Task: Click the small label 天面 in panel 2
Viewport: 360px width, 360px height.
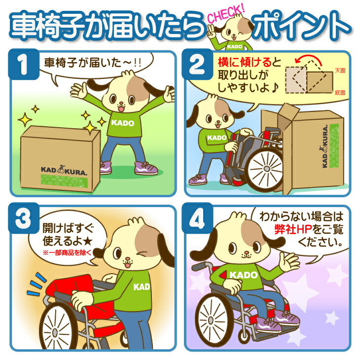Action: (339, 71)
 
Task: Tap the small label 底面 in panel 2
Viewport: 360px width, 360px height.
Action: (339, 92)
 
